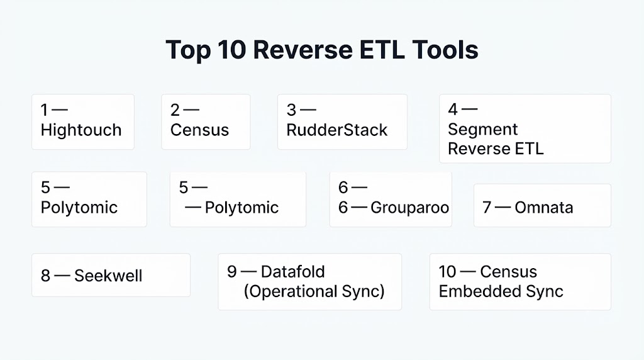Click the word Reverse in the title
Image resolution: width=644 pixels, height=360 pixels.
point(303,50)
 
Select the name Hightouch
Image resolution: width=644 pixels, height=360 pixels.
point(81,130)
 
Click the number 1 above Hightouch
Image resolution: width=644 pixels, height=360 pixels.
point(44,110)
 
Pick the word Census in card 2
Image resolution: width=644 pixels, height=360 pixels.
point(199,130)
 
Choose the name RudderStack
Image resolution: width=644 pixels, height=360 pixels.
point(337,130)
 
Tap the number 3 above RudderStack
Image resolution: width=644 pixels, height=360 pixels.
point(291,110)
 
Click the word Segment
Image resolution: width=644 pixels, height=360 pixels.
point(482,130)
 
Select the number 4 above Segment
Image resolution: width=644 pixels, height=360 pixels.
point(453,110)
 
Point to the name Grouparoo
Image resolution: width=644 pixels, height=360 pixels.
point(409,208)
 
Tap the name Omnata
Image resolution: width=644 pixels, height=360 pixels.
point(544,208)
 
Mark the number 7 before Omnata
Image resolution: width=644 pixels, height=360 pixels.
point(487,208)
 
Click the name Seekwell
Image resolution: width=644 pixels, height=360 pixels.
point(108,276)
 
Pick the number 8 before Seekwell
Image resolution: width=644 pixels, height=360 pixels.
point(45,276)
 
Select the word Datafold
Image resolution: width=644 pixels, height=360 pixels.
point(293,272)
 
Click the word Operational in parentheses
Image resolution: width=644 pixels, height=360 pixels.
point(291,292)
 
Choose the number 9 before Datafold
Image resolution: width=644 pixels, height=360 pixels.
point(232,272)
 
